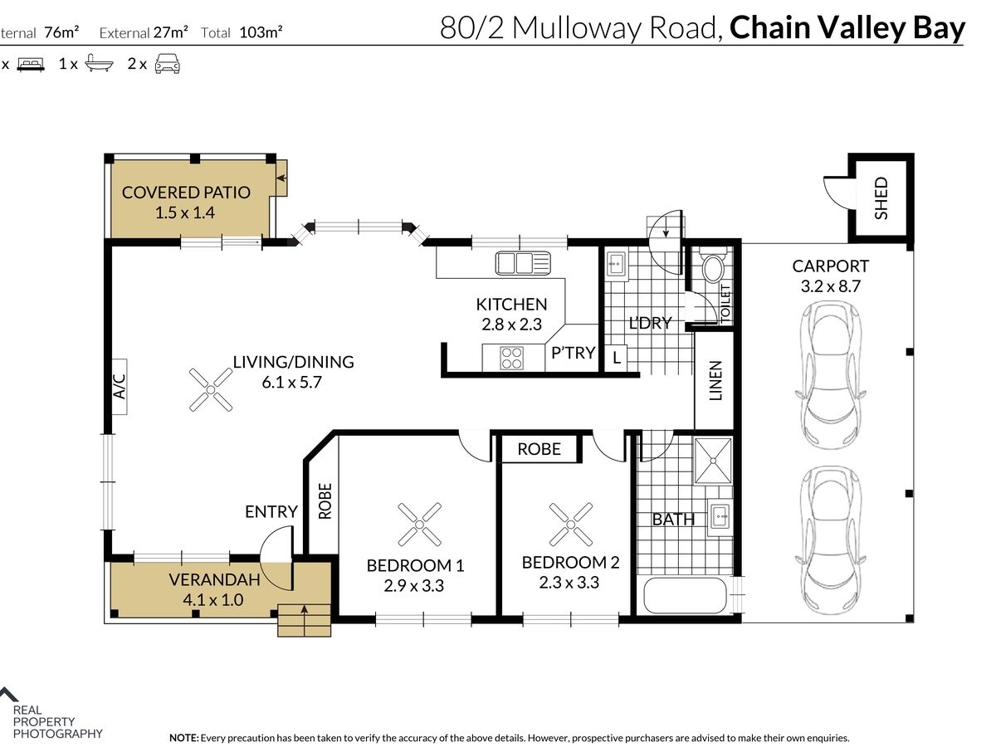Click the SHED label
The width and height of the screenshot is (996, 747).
[x=881, y=198]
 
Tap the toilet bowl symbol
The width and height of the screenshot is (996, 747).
[x=713, y=266]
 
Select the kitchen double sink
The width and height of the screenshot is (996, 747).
[x=523, y=263]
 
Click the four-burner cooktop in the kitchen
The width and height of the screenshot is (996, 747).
[x=511, y=358]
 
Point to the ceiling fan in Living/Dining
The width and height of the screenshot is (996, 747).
[x=211, y=389]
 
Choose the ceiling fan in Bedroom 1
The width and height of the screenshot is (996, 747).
[x=419, y=525]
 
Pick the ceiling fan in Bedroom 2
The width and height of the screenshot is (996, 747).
[x=570, y=525]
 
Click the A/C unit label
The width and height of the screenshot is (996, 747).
[x=119, y=387]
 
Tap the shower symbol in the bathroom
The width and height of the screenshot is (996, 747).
[x=713, y=461]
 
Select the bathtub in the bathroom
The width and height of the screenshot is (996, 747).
[x=686, y=595]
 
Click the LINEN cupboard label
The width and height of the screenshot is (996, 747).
[x=715, y=380]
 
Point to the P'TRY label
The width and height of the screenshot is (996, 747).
[x=573, y=353]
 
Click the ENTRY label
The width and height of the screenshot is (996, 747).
[x=271, y=511]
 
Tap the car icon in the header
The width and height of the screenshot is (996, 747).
[x=168, y=64]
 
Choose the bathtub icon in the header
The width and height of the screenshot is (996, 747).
[x=100, y=64]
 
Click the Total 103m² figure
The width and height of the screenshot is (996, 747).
[x=242, y=32]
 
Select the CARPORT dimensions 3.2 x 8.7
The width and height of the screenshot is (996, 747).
[x=830, y=286]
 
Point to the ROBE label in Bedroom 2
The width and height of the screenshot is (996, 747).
[x=539, y=449]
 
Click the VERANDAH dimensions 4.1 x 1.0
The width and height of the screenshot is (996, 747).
[x=212, y=599]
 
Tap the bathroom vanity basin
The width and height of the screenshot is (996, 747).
[x=720, y=516]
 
